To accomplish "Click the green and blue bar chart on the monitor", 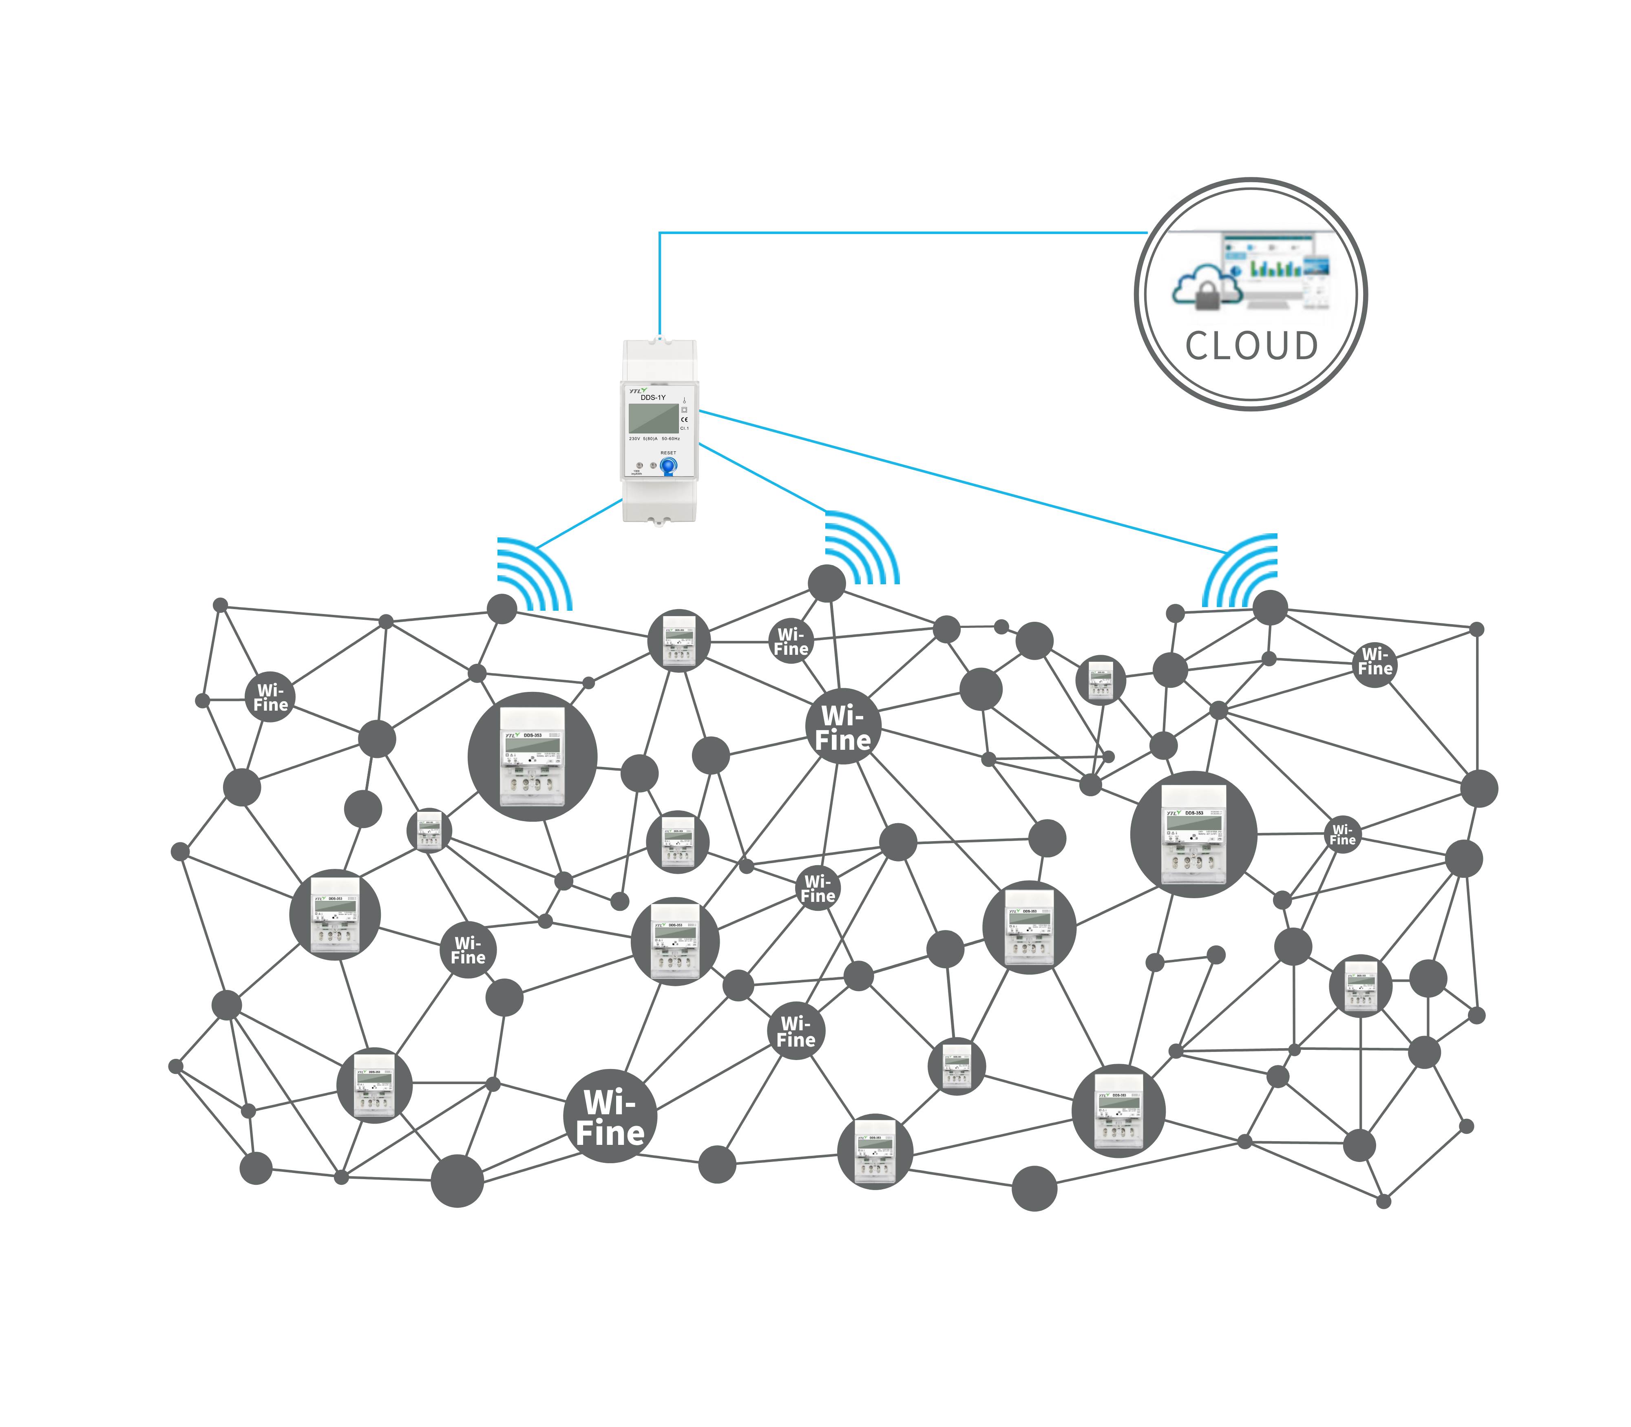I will (1274, 267).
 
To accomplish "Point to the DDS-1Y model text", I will (653, 398).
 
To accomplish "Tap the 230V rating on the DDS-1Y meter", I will (635, 439).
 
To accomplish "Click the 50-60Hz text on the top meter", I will (671, 439).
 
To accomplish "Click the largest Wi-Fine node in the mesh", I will (610, 1116).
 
